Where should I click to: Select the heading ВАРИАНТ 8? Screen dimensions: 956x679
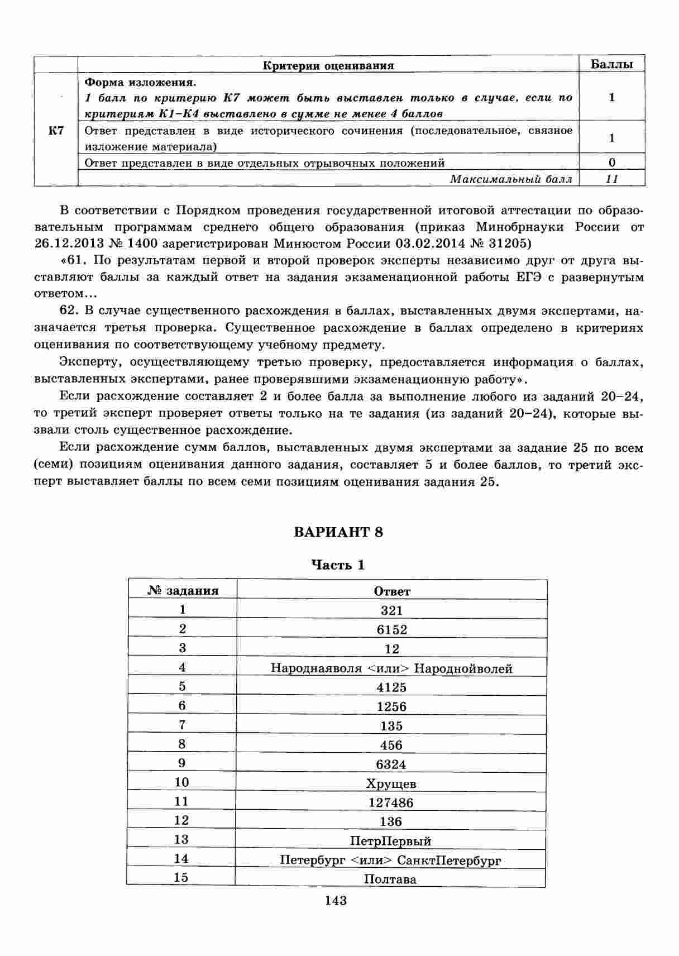point(338,532)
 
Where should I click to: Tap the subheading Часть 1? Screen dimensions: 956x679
point(338,565)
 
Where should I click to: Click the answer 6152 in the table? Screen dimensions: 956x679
point(391,629)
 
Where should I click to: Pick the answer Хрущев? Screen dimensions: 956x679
point(391,783)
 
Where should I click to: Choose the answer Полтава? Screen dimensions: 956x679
point(390,879)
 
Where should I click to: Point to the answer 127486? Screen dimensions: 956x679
point(391,802)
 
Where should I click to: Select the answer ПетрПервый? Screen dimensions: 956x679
point(390,841)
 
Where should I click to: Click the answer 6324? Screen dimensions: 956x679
point(391,764)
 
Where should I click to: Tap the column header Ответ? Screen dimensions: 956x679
point(392,591)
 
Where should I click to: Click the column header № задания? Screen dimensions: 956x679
point(183,591)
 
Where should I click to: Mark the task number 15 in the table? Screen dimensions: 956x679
point(181,877)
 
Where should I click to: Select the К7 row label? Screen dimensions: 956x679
point(56,131)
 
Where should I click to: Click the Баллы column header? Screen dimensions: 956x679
point(611,64)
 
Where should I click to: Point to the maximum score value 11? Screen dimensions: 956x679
point(612,179)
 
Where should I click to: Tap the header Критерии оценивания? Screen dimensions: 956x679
point(328,65)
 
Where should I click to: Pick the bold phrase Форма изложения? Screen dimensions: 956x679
point(140,82)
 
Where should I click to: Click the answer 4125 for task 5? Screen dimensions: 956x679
point(391,687)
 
